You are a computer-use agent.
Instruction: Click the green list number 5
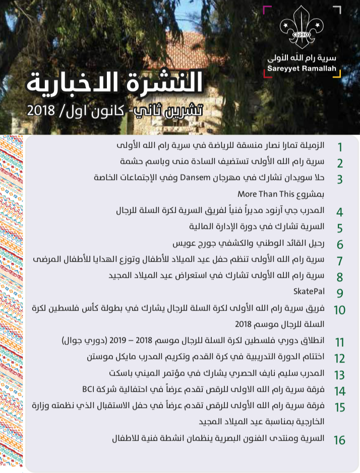coord(339,228)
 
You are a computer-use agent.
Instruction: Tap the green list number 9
coord(339,293)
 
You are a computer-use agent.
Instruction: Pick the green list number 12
coord(339,359)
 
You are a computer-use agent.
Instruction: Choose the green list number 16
coord(339,440)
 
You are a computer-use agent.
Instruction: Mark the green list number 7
coord(339,261)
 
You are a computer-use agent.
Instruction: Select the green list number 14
coord(339,391)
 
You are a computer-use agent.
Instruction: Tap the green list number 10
coord(339,309)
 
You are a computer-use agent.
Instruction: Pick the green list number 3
coord(339,180)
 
